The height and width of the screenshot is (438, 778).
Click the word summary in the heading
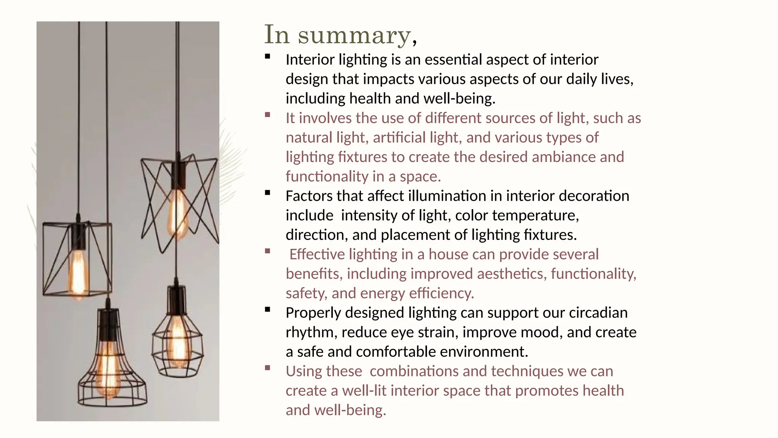pos(354,35)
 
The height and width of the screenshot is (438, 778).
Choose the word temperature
pos(536,216)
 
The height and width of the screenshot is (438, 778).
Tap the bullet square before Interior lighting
pos(268,57)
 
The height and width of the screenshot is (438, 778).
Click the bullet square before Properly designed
pos(268,310)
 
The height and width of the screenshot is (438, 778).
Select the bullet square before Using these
pos(268,368)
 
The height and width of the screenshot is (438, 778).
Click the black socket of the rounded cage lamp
pos(177,300)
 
